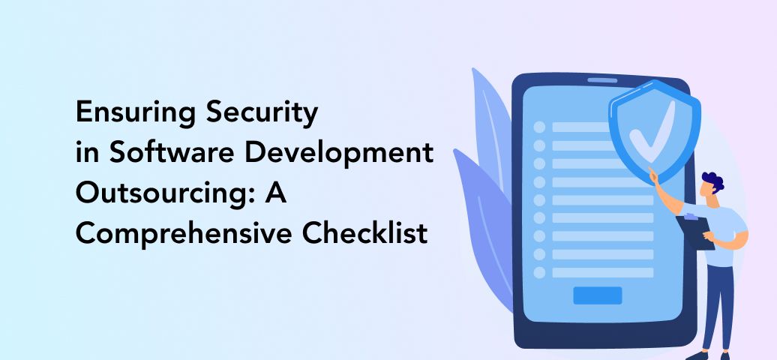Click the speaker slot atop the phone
602,79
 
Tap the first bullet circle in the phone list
539,127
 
